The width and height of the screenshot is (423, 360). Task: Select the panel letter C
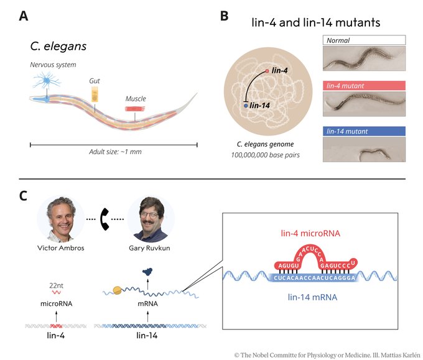(x=23, y=195)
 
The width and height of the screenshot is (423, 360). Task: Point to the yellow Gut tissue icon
(x=95, y=93)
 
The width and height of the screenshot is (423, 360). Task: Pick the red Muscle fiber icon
(x=135, y=108)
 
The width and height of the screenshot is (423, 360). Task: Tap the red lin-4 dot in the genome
(x=267, y=72)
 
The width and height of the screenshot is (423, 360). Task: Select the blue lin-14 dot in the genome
(x=246, y=106)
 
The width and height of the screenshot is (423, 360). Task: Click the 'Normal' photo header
(x=365, y=40)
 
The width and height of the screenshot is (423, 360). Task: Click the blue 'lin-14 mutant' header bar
(x=365, y=131)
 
